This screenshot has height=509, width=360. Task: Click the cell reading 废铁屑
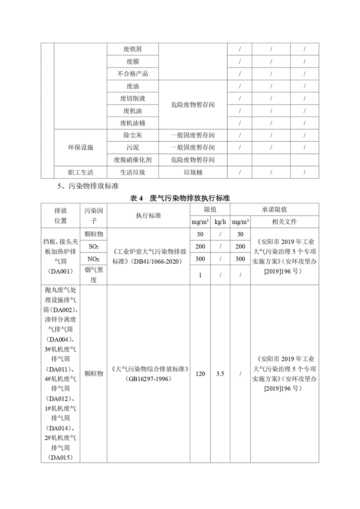click(x=133, y=49)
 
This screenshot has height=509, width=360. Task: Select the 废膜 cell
click(x=133, y=62)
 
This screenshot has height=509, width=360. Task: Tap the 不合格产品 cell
click(x=133, y=74)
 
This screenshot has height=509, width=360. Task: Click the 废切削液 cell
click(x=133, y=98)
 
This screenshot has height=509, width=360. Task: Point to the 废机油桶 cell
click(x=133, y=123)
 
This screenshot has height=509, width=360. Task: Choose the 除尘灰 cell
click(x=133, y=135)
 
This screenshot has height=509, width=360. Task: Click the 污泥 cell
click(x=133, y=147)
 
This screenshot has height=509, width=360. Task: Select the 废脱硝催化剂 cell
click(x=133, y=160)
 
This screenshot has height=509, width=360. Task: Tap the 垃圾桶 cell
click(x=193, y=172)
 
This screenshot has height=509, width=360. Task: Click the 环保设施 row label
click(x=81, y=147)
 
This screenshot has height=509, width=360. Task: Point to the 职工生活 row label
click(x=81, y=172)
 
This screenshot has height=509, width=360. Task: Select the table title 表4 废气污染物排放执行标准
click(x=180, y=198)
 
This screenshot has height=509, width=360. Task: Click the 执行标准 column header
click(x=148, y=216)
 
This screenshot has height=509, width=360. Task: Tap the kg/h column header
click(x=220, y=222)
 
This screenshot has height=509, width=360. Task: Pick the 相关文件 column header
click(x=284, y=222)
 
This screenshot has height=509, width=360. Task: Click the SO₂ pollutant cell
click(x=94, y=247)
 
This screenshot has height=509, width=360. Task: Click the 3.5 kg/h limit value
click(x=220, y=374)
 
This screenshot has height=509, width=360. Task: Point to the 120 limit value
click(x=200, y=374)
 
